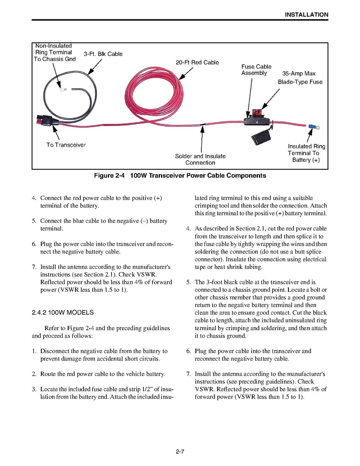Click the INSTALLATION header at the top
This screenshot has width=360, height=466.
click(x=306, y=15)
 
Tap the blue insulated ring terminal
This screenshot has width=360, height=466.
click(x=312, y=126)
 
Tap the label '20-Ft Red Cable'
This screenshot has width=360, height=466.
click(x=197, y=62)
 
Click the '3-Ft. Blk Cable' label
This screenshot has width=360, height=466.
click(x=103, y=54)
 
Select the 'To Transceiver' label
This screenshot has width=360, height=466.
click(x=66, y=145)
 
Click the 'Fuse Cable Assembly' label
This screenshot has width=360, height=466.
click(x=256, y=70)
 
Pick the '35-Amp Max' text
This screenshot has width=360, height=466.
click(x=299, y=74)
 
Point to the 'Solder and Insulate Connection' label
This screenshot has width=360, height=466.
click(x=200, y=159)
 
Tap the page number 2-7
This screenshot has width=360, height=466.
click(x=180, y=452)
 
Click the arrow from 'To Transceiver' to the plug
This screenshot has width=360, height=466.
click(x=56, y=133)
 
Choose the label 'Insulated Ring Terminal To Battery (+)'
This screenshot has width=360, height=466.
click(x=306, y=153)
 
